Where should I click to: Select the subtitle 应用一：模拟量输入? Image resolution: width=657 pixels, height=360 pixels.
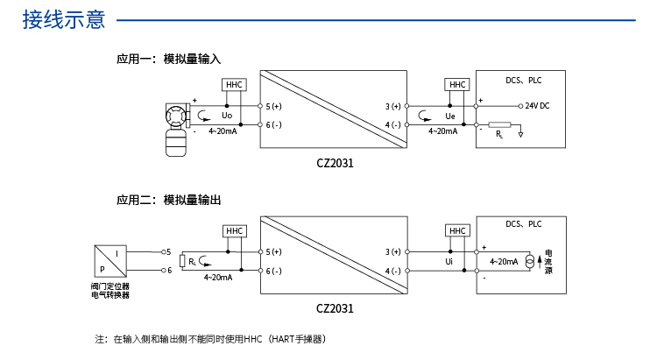pos(168,60)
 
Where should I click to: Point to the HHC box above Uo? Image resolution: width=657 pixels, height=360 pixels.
pos(234,85)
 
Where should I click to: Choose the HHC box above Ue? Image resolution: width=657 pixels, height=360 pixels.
pos(457,84)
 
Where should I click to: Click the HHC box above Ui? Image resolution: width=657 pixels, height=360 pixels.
pos(457,230)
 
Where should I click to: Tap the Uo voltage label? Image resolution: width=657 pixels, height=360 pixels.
pos(227,116)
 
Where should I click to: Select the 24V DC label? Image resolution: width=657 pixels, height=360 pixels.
pos(537,105)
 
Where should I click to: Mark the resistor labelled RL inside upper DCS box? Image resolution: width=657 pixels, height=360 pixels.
pos(499,125)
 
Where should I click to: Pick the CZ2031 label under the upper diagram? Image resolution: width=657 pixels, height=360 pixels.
pos(335,162)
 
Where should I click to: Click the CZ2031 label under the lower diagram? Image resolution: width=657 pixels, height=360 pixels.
pos(335,308)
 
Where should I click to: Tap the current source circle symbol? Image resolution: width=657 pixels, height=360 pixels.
pos(530,261)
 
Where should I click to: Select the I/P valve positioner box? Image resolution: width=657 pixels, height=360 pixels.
pos(110,260)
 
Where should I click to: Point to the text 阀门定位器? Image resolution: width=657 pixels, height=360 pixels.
pos(109,286)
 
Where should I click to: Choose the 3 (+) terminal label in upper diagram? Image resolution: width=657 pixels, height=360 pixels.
pos(392,106)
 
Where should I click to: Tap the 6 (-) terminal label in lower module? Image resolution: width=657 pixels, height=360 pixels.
pos(274,271)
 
